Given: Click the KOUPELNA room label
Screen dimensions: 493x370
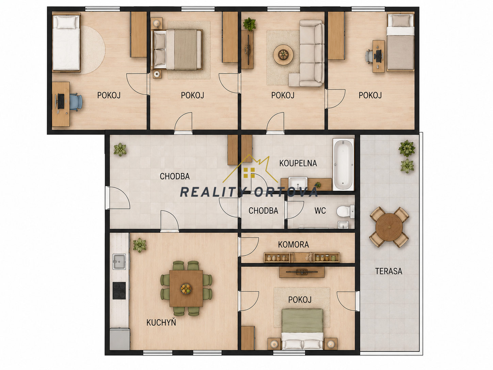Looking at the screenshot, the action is [x=298, y=163].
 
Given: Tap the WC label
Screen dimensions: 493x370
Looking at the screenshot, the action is [x=320, y=211].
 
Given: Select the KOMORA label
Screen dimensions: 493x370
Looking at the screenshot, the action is [x=293, y=244].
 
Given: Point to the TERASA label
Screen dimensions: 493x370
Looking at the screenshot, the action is [x=388, y=271].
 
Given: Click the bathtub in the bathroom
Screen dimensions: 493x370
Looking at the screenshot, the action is [x=344, y=165].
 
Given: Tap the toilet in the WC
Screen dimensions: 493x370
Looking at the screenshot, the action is [x=345, y=211].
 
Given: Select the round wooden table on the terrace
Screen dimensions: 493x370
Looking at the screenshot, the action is [x=389, y=227].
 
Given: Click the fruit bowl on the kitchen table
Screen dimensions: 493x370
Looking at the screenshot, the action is [x=186, y=288].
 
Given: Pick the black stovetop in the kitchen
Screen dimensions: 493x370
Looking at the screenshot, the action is [x=119, y=291].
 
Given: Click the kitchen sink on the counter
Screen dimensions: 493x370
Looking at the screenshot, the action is [x=119, y=262].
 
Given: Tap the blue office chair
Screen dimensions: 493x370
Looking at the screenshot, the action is [x=76, y=103].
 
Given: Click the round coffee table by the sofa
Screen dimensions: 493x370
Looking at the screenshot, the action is [x=283, y=55].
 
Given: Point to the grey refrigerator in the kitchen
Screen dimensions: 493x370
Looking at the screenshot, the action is [x=120, y=339].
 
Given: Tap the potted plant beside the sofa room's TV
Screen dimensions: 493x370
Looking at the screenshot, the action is [x=249, y=24].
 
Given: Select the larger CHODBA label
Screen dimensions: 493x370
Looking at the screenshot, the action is [x=175, y=176].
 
